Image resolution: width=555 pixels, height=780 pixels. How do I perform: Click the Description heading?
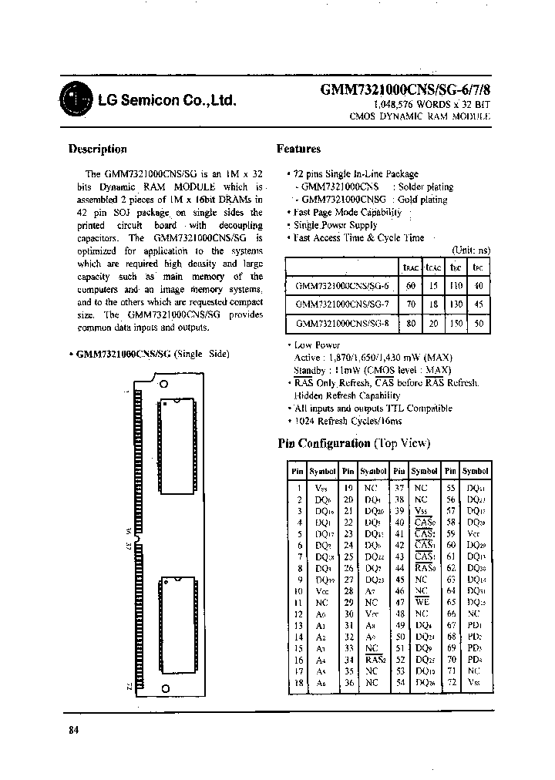97,150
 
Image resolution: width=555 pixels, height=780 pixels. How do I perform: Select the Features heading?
298,149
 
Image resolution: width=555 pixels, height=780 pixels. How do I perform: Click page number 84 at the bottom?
74,730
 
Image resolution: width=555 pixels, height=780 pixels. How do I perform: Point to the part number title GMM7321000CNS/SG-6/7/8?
405,89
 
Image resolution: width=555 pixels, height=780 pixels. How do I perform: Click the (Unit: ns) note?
470,251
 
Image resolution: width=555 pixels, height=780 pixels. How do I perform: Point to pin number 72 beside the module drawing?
129,685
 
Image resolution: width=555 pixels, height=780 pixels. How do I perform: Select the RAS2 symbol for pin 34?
374,660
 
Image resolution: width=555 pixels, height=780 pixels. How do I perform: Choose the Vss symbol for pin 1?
321,487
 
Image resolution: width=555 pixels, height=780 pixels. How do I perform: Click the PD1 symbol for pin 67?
475,624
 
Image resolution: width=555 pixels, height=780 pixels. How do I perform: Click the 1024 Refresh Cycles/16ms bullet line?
348,422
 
